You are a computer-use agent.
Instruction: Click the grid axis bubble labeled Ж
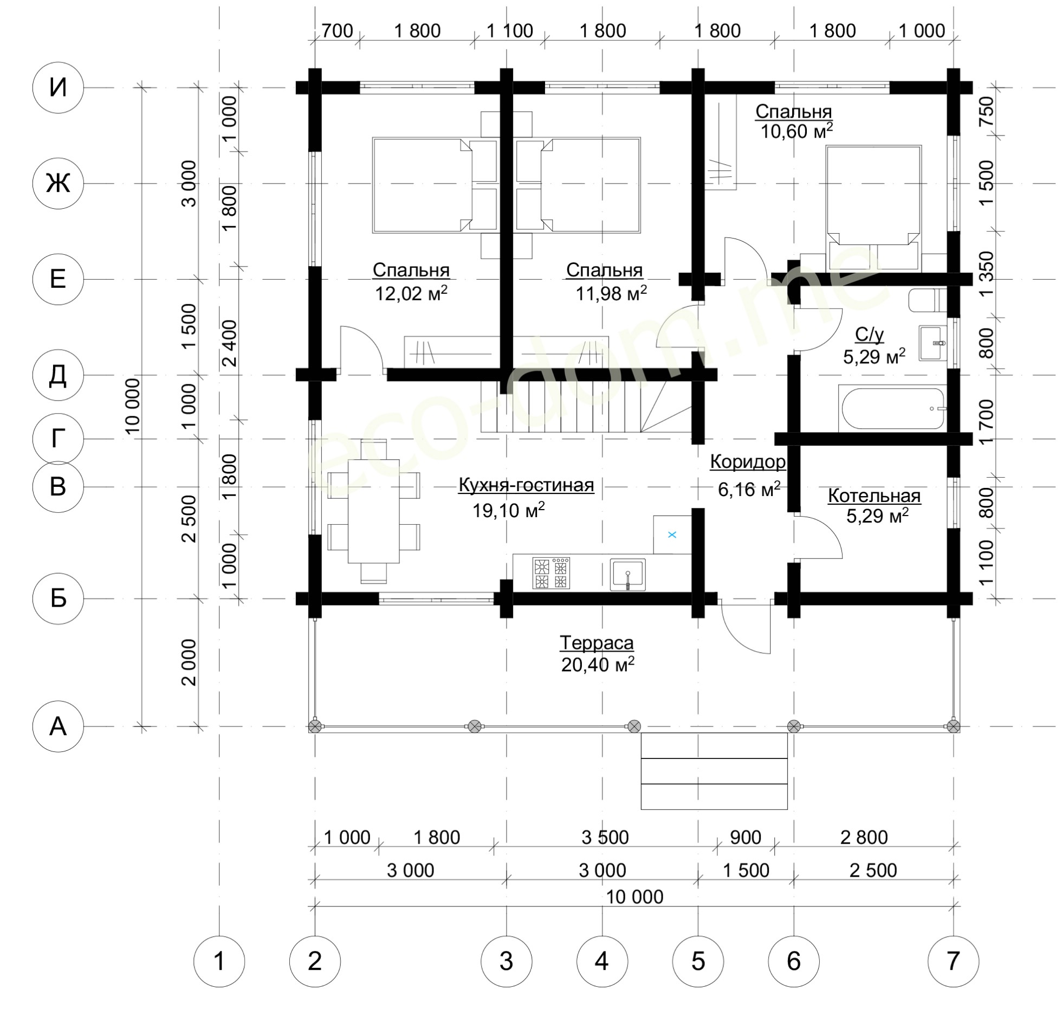click(x=58, y=183)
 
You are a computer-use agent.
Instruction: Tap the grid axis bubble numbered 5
click(x=698, y=961)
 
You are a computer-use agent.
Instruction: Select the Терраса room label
click(x=597, y=643)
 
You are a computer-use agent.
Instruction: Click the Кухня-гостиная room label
click(x=526, y=485)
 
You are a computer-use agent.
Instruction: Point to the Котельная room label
click(x=874, y=496)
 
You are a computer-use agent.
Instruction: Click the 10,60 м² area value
click(x=796, y=131)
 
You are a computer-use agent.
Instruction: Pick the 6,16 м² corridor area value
click(x=749, y=489)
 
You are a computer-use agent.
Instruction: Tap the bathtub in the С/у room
click(x=892, y=408)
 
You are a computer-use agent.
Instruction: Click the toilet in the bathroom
click(x=927, y=300)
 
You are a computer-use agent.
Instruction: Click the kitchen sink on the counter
click(x=627, y=574)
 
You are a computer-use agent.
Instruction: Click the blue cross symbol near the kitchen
click(x=672, y=535)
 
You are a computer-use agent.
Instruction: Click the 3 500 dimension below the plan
click(x=605, y=838)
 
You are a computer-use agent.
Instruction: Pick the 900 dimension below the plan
click(x=746, y=838)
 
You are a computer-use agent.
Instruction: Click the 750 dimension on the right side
click(x=987, y=111)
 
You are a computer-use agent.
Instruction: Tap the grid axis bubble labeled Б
click(x=58, y=599)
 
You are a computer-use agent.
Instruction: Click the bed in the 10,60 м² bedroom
click(x=873, y=208)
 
